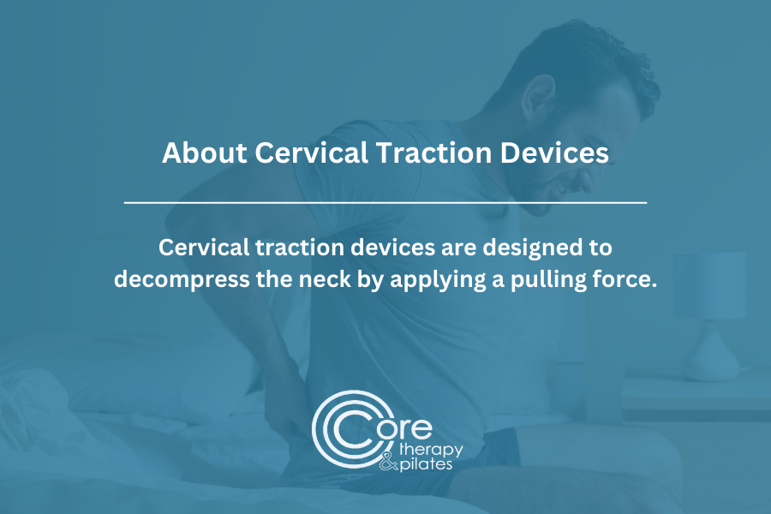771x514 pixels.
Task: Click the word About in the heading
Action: click(204, 152)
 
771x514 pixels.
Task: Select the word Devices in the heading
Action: click(554, 152)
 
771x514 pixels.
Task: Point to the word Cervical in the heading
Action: click(311, 152)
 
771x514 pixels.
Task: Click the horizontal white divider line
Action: click(385, 202)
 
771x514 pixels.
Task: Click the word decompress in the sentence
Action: click(182, 280)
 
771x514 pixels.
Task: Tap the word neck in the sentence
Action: click(325, 279)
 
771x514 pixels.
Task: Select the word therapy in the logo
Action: click(431, 450)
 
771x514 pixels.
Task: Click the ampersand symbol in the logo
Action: click(388, 463)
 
